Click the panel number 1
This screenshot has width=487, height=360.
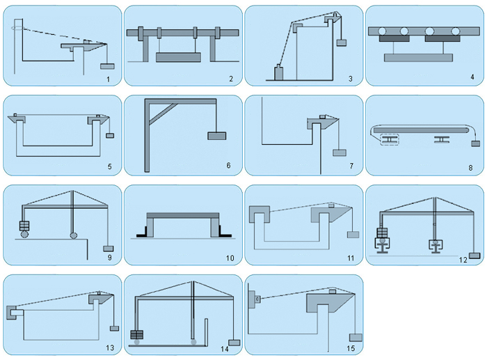108,79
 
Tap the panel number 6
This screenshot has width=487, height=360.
229,166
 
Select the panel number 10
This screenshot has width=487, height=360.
230,258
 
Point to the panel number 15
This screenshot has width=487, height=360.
351,348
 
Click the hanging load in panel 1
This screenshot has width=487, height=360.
107,66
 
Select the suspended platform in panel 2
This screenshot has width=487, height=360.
178,58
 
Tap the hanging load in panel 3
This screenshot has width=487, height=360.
342,42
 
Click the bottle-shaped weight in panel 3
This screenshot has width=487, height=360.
278,72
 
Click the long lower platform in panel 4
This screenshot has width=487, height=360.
418,58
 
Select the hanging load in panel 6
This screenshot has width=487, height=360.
217,136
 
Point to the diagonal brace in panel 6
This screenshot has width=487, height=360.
163,113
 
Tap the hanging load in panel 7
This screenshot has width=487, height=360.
340,152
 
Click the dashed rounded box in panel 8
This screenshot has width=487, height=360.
390,140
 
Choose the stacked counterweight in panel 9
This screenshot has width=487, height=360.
24,225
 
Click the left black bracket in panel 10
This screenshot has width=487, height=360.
142,233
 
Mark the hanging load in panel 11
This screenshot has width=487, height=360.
353,235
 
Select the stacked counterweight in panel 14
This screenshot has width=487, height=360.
136,335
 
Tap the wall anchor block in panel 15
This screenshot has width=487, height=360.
252,299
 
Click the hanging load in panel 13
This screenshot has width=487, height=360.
114,328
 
